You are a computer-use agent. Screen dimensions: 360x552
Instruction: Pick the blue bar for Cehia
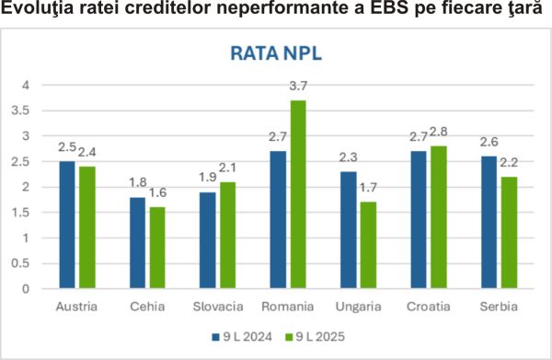click(x=137, y=242)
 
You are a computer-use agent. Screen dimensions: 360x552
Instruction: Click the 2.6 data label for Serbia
click(x=489, y=144)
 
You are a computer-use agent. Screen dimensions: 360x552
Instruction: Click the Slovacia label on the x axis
click(x=219, y=305)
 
